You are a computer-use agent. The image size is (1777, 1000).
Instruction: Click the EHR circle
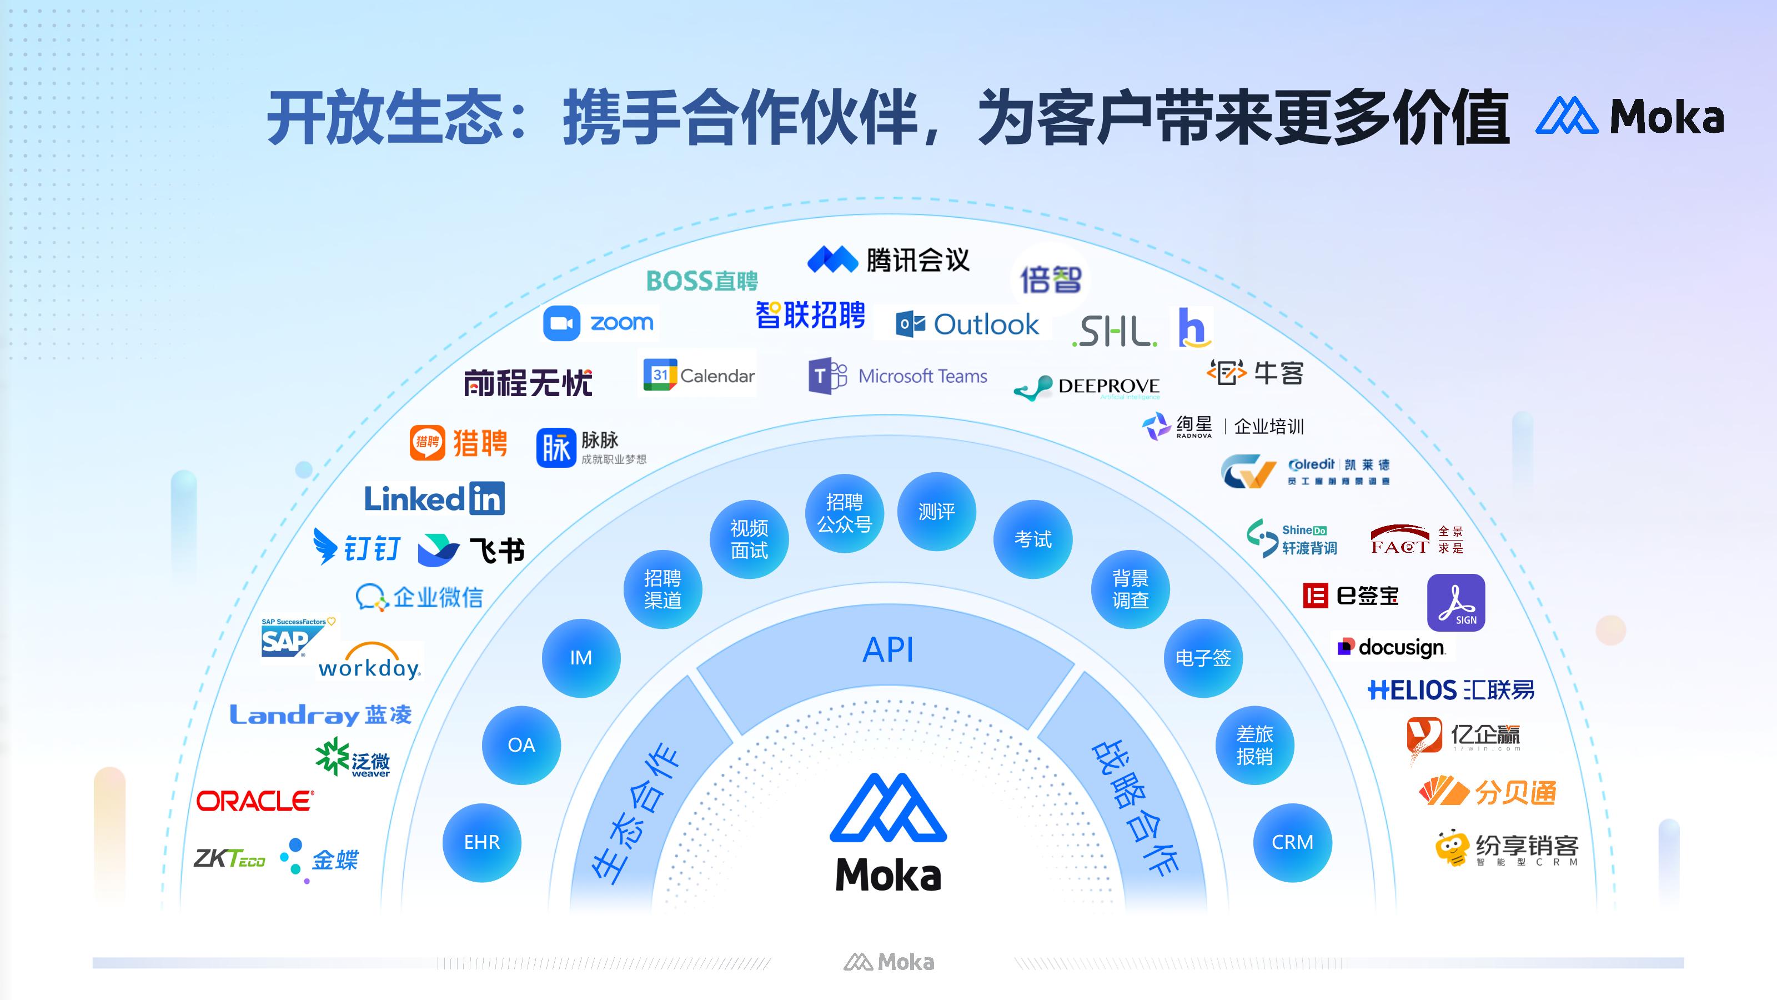[481, 843]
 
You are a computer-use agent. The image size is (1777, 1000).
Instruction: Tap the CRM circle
[1292, 843]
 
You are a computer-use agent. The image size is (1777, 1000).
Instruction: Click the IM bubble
[581, 658]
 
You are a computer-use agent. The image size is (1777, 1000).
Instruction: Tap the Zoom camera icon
[561, 323]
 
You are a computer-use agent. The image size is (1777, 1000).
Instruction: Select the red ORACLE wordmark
[255, 801]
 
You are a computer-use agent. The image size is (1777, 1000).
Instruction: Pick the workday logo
[369, 663]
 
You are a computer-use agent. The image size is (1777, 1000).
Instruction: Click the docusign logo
[1392, 647]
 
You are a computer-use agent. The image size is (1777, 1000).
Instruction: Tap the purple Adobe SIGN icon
[1455, 602]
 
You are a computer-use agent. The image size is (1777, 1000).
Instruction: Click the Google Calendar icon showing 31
[660, 375]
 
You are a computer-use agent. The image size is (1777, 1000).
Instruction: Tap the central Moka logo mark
[888, 807]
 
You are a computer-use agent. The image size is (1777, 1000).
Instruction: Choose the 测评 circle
[936, 511]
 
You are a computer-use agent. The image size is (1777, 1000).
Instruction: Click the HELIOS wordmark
[1412, 690]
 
